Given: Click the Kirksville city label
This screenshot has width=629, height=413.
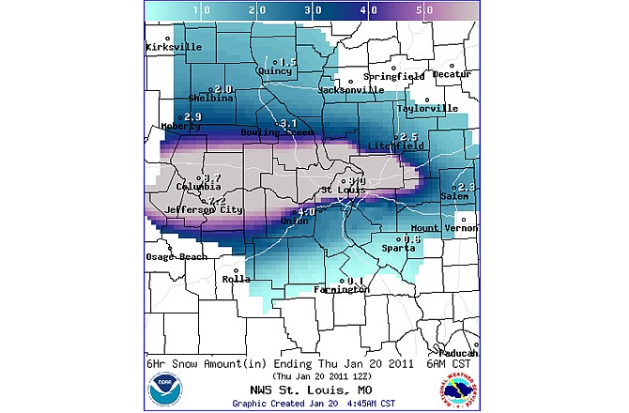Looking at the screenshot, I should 174,47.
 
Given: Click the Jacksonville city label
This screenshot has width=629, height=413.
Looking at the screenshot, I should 350,90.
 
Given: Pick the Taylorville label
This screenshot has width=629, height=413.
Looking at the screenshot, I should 427,109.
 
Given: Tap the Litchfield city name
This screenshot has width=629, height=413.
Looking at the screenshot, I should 397,145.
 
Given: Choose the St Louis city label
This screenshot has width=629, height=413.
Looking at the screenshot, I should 342,191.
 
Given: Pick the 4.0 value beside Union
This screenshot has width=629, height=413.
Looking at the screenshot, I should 306,212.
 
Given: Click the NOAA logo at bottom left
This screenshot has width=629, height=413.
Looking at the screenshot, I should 165,388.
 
